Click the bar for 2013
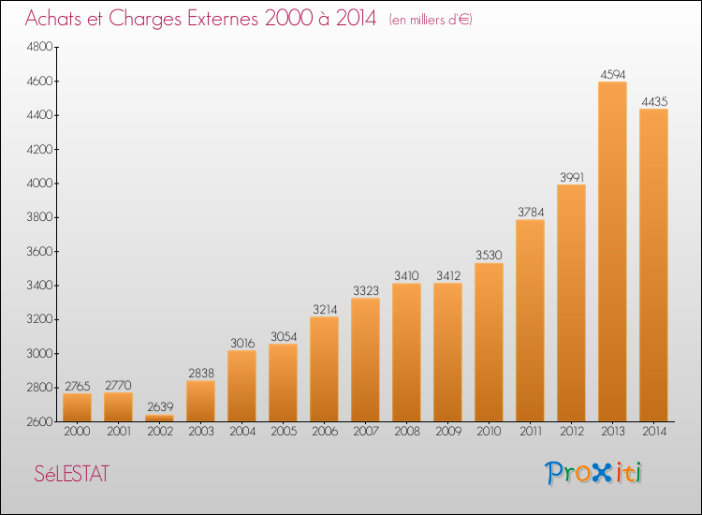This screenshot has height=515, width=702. [612, 251]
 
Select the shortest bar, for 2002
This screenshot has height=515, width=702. [159, 419]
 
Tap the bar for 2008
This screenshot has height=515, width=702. [406, 352]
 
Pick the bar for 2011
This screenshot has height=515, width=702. [530, 320]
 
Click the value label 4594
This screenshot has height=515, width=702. [612, 74]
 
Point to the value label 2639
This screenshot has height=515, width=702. [160, 406]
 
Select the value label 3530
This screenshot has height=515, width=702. [489, 255]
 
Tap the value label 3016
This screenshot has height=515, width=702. [242, 343]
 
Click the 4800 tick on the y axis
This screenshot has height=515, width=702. [40, 47]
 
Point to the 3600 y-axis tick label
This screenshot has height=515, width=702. [40, 251]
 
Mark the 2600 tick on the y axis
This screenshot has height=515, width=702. [40, 422]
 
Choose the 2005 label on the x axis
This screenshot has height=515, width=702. [284, 431]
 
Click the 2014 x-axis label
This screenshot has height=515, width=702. [654, 431]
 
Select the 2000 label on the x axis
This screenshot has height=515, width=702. [77, 431]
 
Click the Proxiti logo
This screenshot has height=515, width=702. [593, 473]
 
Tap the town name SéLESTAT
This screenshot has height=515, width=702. [72, 474]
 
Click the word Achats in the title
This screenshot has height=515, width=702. [53, 18]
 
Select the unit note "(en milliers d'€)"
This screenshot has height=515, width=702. [431, 20]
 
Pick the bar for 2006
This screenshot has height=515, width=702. [324, 369]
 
